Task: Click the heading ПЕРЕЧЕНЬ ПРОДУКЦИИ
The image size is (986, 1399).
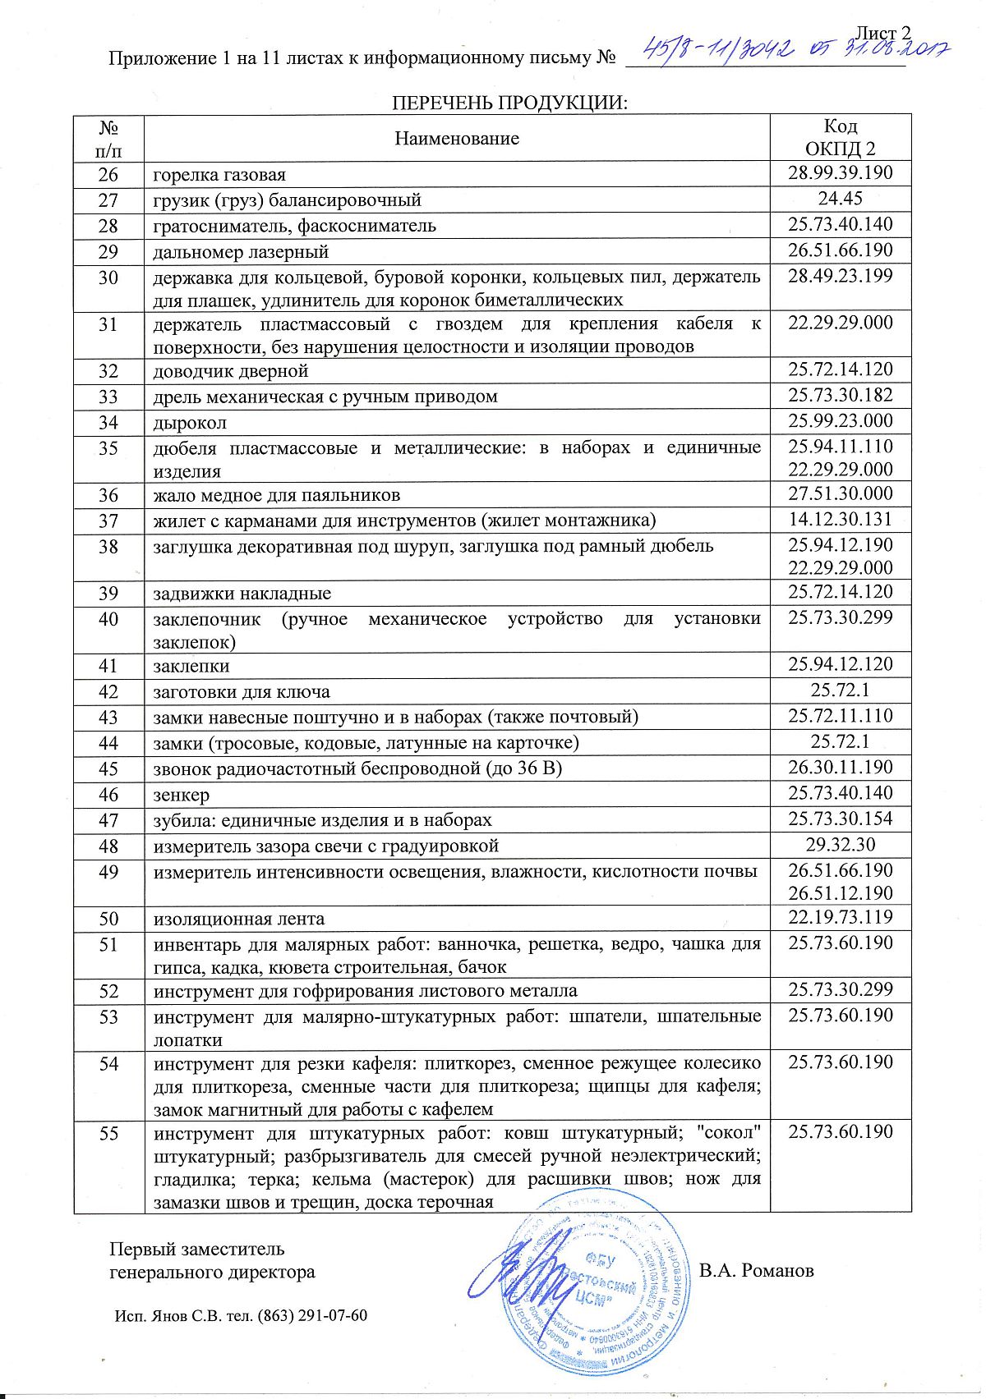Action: [x=509, y=103]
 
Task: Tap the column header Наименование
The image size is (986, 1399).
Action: [x=457, y=138]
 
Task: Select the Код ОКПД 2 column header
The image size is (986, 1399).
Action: [x=840, y=137]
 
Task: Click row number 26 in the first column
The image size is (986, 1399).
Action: [x=108, y=175]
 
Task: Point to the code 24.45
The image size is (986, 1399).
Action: [x=840, y=199]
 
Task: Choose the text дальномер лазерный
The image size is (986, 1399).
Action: [x=241, y=252]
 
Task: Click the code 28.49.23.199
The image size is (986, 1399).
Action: [x=840, y=276]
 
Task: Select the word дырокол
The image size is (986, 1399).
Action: [x=190, y=424]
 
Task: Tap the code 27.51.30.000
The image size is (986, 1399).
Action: [x=840, y=494]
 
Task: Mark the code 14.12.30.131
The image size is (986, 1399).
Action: [x=840, y=520]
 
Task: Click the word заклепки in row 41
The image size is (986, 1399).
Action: [x=191, y=667]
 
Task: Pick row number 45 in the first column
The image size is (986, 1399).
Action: [x=108, y=769]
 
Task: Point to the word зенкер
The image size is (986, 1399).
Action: [x=182, y=796]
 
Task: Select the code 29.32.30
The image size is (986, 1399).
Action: [x=840, y=845]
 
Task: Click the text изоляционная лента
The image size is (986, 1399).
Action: [x=239, y=920]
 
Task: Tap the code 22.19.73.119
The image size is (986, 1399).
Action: [x=840, y=918]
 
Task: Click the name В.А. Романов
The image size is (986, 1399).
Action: [x=756, y=1271]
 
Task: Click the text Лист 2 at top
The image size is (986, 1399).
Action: [x=883, y=33]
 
